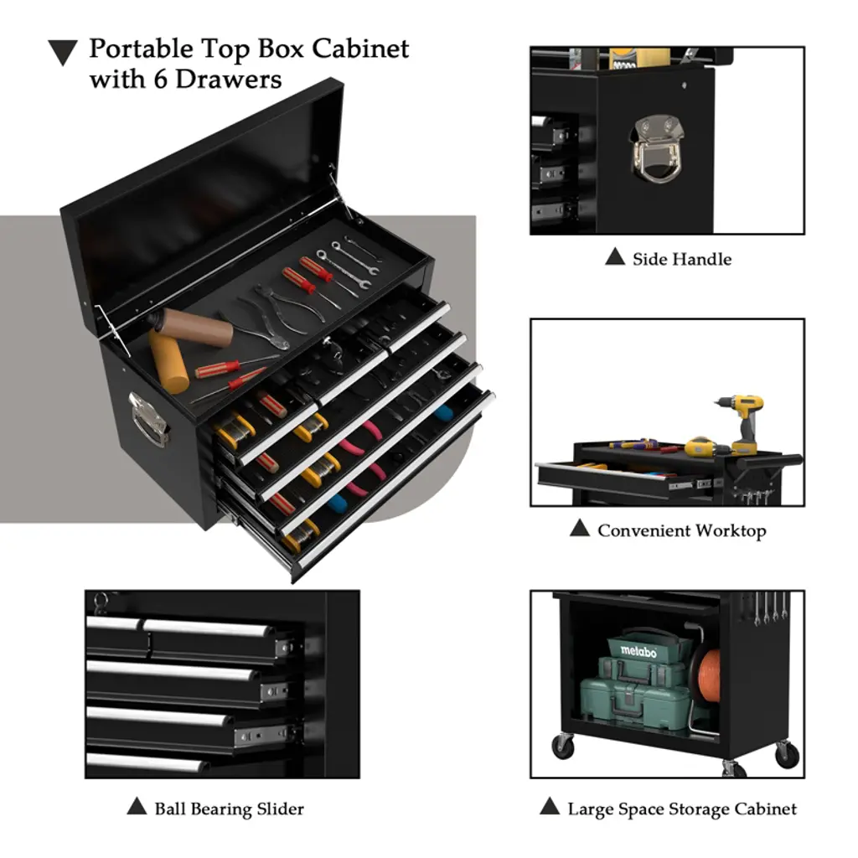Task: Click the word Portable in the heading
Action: (141, 49)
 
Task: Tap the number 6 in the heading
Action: (160, 80)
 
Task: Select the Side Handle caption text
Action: (682, 259)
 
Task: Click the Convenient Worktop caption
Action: (682, 530)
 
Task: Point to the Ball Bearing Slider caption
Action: (230, 809)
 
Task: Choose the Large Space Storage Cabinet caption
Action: (682, 809)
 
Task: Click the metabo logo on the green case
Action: (638, 651)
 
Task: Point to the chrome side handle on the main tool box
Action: (147, 419)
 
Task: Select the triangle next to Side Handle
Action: (615, 256)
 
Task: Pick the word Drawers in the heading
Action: (229, 80)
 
